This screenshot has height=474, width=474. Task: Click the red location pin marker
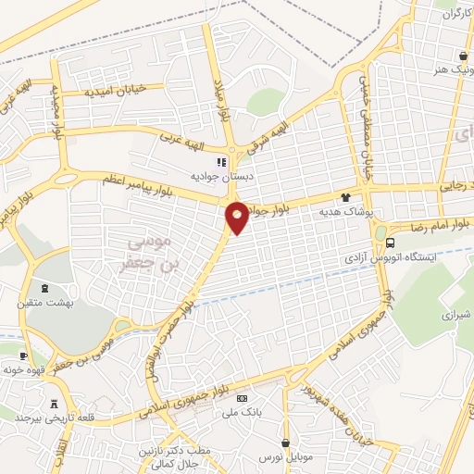coord(237,217)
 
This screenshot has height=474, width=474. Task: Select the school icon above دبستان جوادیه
coord(221,162)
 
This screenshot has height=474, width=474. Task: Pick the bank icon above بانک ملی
coord(243,398)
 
